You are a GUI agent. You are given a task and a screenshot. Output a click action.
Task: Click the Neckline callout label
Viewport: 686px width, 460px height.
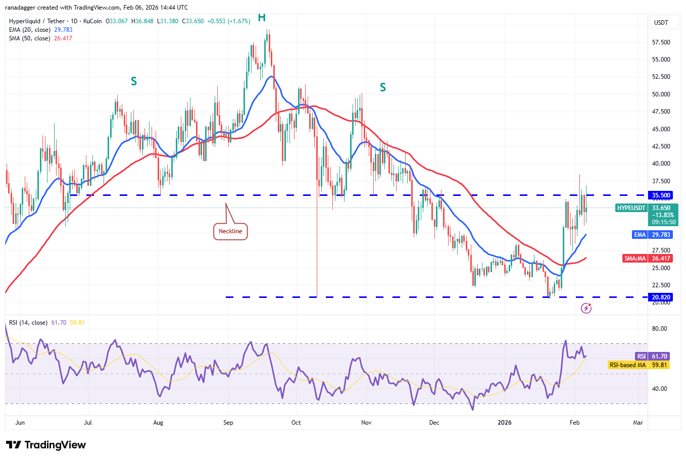(230, 231)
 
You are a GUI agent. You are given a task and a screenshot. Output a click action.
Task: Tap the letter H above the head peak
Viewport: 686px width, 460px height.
(262, 18)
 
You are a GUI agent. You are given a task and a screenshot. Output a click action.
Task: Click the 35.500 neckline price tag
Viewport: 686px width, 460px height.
(661, 195)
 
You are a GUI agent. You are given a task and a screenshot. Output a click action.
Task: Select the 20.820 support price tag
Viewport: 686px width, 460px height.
(661, 297)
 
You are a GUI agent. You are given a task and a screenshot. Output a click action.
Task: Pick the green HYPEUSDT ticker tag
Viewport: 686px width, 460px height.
(631, 208)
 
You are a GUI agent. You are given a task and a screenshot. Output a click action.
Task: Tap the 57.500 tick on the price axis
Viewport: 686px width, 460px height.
(661, 42)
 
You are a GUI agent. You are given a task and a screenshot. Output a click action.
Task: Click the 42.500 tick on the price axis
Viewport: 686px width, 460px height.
(661, 146)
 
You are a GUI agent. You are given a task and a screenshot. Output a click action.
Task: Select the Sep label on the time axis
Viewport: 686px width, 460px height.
(228, 423)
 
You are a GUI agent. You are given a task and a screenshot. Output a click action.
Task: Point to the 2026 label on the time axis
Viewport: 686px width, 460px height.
(504, 423)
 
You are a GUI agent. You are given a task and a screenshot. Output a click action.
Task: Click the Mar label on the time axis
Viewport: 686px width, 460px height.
(638, 423)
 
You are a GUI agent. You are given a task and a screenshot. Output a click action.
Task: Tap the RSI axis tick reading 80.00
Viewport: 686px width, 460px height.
(660, 329)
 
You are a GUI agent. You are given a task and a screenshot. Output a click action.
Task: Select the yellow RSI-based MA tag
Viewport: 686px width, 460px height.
(639, 365)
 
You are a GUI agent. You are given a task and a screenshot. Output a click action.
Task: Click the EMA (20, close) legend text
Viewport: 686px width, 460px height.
(29, 30)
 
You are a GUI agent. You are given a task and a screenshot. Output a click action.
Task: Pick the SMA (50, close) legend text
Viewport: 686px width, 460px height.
(29, 38)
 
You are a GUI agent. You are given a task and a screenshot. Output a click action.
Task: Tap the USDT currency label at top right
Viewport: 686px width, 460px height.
(661, 23)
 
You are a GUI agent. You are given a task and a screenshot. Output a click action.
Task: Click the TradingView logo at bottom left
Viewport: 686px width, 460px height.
(46, 445)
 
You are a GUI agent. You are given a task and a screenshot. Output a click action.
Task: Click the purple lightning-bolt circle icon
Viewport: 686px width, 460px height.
(586, 308)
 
